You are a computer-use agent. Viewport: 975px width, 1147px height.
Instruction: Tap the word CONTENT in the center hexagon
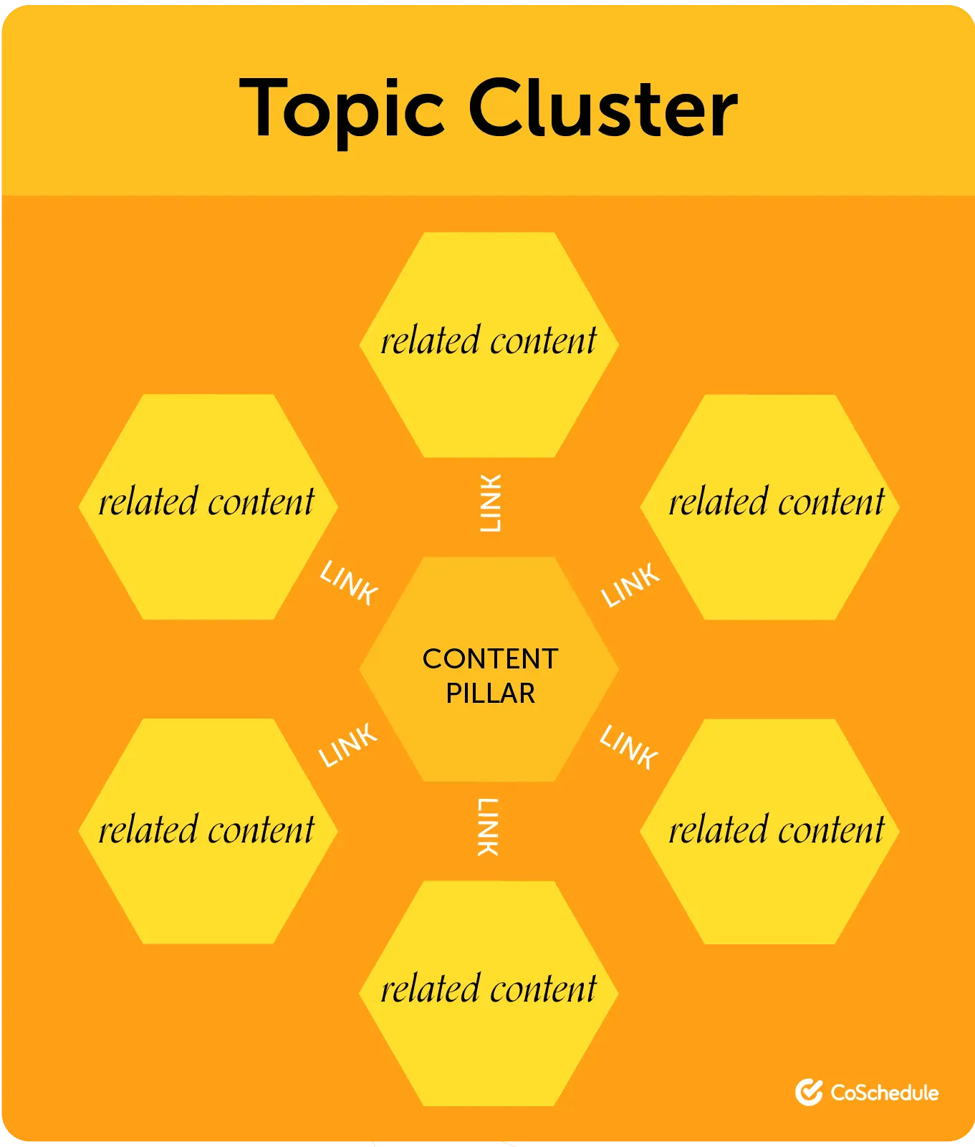coord(490,659)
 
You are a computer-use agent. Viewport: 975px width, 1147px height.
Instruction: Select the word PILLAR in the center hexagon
coord(490,694)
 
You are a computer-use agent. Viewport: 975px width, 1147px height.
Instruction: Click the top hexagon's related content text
coord(489,341)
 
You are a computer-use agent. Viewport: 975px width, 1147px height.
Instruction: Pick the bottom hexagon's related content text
coord(489,989)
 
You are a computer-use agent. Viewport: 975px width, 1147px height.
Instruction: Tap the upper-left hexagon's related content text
coord(206,502)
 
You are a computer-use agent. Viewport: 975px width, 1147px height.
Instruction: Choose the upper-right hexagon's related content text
coord(777,502)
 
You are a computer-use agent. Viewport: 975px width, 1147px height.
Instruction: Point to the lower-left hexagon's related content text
coord(206,830)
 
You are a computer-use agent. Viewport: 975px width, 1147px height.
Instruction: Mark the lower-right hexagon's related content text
coord(777,830)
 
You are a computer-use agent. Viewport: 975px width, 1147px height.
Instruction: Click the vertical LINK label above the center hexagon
coord(490,503)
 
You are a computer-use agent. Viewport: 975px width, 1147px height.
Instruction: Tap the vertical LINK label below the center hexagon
coord(488,827)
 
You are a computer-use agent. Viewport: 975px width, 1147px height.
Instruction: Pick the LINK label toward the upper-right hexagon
coord(630,585)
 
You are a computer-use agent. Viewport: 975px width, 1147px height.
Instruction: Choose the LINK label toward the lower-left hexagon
coord(348,746)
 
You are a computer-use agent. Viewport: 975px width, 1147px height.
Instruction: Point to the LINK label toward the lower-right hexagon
coord(629,747)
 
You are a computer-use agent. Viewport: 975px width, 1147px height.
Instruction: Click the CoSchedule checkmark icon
coord(809,1092)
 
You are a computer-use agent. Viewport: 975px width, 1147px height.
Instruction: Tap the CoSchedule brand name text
coord(884,1093)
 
